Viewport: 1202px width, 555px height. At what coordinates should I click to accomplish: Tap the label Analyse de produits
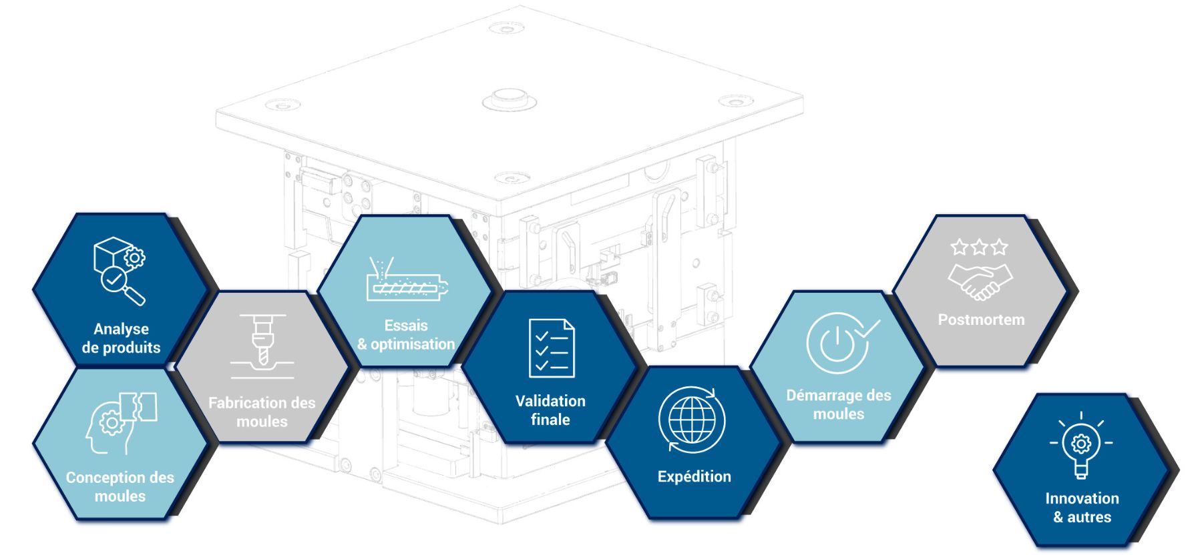click(x=121, y=338)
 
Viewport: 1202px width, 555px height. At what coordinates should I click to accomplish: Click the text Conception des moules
click(x=120, y=487)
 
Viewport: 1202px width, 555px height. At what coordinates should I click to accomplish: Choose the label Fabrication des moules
click(x=262, y=412)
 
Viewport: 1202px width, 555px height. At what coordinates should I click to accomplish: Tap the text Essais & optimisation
click(x=406, y=335)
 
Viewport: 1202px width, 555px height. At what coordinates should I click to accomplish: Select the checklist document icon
click(x=552, y=348)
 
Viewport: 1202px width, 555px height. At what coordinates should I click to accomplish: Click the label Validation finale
click(x=550, y=410)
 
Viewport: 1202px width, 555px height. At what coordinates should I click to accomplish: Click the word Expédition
click(x=694, y=477)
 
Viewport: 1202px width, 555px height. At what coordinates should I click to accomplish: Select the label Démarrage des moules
click(x=839, y=404)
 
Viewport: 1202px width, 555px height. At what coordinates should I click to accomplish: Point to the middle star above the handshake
click(x=980, y=247)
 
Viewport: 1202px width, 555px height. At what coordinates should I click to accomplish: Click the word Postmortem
click(x=981, y=320)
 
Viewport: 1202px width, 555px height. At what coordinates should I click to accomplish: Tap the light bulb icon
click(x=1081, y=445)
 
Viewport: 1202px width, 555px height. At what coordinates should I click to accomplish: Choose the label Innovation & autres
click(x=1082, y=508)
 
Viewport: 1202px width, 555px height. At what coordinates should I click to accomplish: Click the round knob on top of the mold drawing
click(x=510, y=97)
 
